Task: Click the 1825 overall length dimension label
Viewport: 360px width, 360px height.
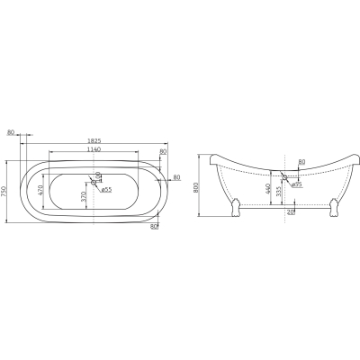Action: [94, 140]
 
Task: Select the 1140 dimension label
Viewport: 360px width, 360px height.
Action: [94, 149]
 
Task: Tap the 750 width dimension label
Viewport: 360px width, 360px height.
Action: [4, 192]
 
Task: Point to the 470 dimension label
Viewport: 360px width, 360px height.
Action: [41, 190]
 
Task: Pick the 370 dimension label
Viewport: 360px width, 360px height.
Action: [84, 196]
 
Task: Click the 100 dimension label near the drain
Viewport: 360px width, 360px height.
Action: [97, 176]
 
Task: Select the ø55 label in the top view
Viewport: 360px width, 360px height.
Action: [106, 190]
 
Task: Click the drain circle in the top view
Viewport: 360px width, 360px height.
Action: [94, 182]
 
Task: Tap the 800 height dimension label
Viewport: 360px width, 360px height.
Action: [196, 188]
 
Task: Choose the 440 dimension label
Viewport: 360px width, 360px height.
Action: [268, 189]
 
